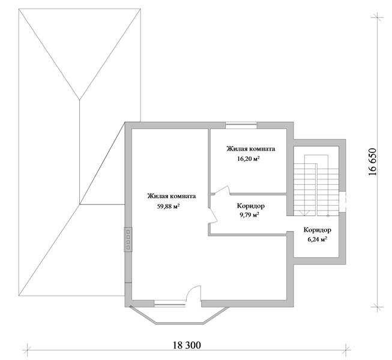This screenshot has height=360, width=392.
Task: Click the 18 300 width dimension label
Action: pos(187,345)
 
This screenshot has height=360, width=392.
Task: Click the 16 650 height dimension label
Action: pos(372,162)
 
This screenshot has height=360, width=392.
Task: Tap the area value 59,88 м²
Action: pos(169,206)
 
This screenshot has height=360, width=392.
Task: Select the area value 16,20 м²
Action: pos(248,158)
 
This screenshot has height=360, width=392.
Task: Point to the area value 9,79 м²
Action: pos(249,215)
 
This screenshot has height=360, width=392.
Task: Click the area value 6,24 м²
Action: pos(317,239)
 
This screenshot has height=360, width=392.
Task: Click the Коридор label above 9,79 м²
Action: pos(251,206)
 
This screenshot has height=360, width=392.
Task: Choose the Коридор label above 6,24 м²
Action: pos(318,230)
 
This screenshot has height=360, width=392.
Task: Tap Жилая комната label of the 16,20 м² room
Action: pos(251,149)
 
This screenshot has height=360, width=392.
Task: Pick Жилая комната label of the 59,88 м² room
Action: pos(172,196)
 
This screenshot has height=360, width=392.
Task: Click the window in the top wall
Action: pos(241,125)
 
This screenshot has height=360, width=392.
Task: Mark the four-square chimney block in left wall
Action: pos(128,239)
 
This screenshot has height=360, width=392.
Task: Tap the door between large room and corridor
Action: pos(213,215)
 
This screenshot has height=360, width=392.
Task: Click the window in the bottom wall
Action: pos(169,304)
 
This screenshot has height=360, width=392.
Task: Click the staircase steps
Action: pos(316,185)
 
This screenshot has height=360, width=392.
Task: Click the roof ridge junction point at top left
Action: pos(80,100)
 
